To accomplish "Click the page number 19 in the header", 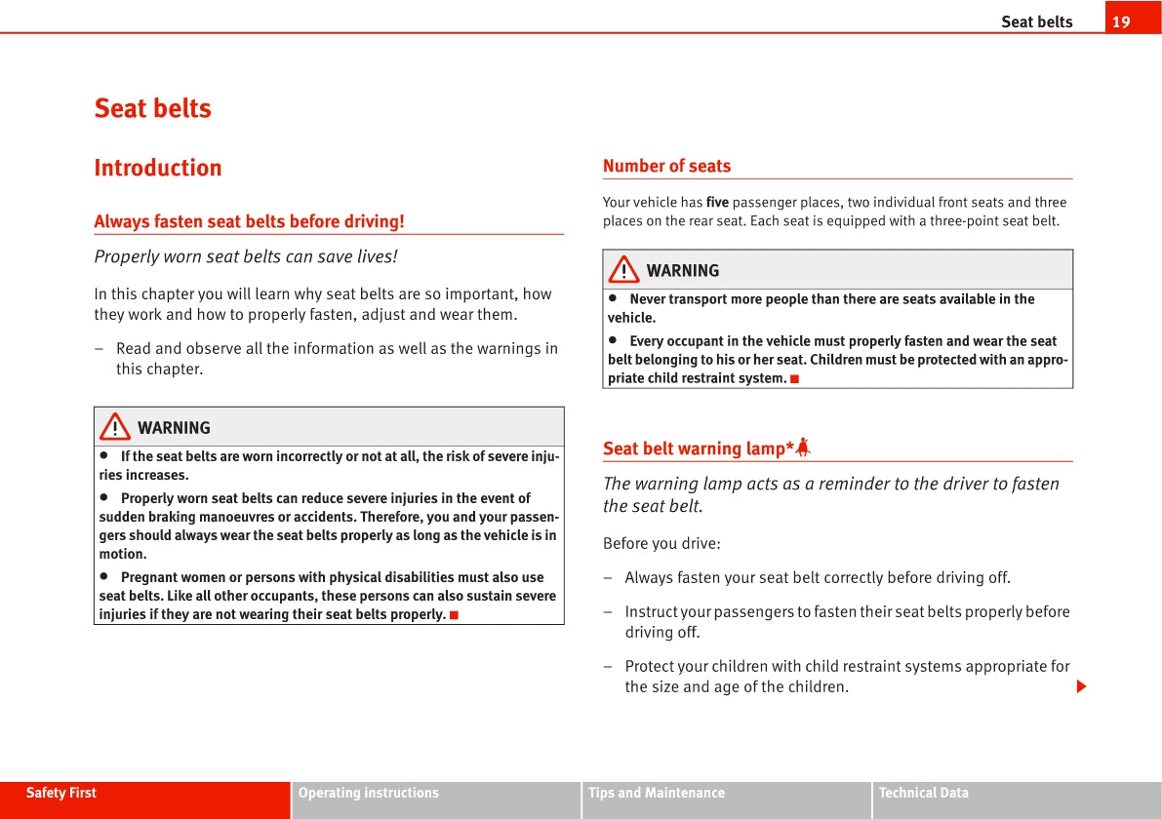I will [x=1121, y=21].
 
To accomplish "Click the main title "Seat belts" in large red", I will [x=152, y=108].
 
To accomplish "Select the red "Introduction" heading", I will [x=158, y=168].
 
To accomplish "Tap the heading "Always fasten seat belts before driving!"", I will [x=249, y=221].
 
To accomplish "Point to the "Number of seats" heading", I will [x=666, y=166].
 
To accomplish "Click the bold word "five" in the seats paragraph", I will [x=717, y=203].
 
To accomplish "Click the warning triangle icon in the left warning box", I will [x=115, y=427].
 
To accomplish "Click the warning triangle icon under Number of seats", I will [x=623, y=270].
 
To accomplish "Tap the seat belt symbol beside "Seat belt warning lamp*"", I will [x=803, y=448].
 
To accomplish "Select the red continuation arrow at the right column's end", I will [x=1081, y=687].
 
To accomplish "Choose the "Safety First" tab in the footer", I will [x=61, y=794].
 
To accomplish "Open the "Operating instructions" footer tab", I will [x=369, y=794].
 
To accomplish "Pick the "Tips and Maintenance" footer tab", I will [x=657, y=794].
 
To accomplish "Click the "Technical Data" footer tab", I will [x=924, y=794].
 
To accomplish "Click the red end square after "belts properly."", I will [x=454, y=615].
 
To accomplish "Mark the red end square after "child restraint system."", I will [x=794, y=378].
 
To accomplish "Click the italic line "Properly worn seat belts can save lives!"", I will [x=246, y=256].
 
